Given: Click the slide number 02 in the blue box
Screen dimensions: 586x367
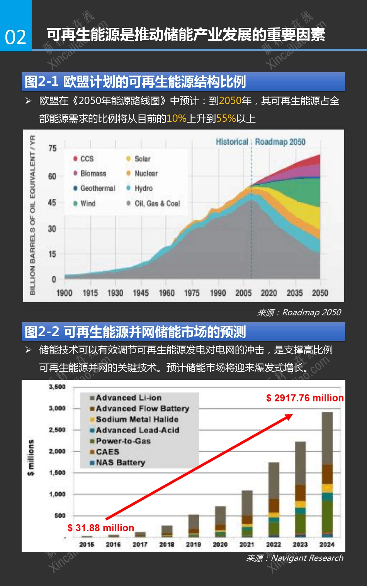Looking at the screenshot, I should click(15, 37).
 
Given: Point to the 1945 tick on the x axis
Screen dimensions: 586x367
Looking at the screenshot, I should click(141, 293).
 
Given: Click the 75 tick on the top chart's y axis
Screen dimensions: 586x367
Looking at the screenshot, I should click(52, 148).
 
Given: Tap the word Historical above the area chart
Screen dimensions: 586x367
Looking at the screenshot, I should click(232, 142).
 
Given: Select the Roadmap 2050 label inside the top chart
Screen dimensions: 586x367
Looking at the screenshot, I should click(280, 142).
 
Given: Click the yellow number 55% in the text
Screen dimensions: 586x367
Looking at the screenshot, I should click(226, 118).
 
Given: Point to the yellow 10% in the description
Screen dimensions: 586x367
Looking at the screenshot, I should click(177, 118).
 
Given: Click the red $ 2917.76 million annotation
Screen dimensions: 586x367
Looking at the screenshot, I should click(305, 398).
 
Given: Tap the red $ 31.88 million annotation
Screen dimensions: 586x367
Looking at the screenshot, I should click(101, 528).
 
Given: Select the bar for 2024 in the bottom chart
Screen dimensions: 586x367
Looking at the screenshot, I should click(327, 474).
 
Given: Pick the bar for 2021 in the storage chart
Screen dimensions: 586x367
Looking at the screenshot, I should click(247, 514).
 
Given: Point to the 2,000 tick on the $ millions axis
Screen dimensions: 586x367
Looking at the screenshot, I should click(57, 451).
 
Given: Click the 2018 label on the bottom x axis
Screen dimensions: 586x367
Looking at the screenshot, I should click(167, 544).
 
